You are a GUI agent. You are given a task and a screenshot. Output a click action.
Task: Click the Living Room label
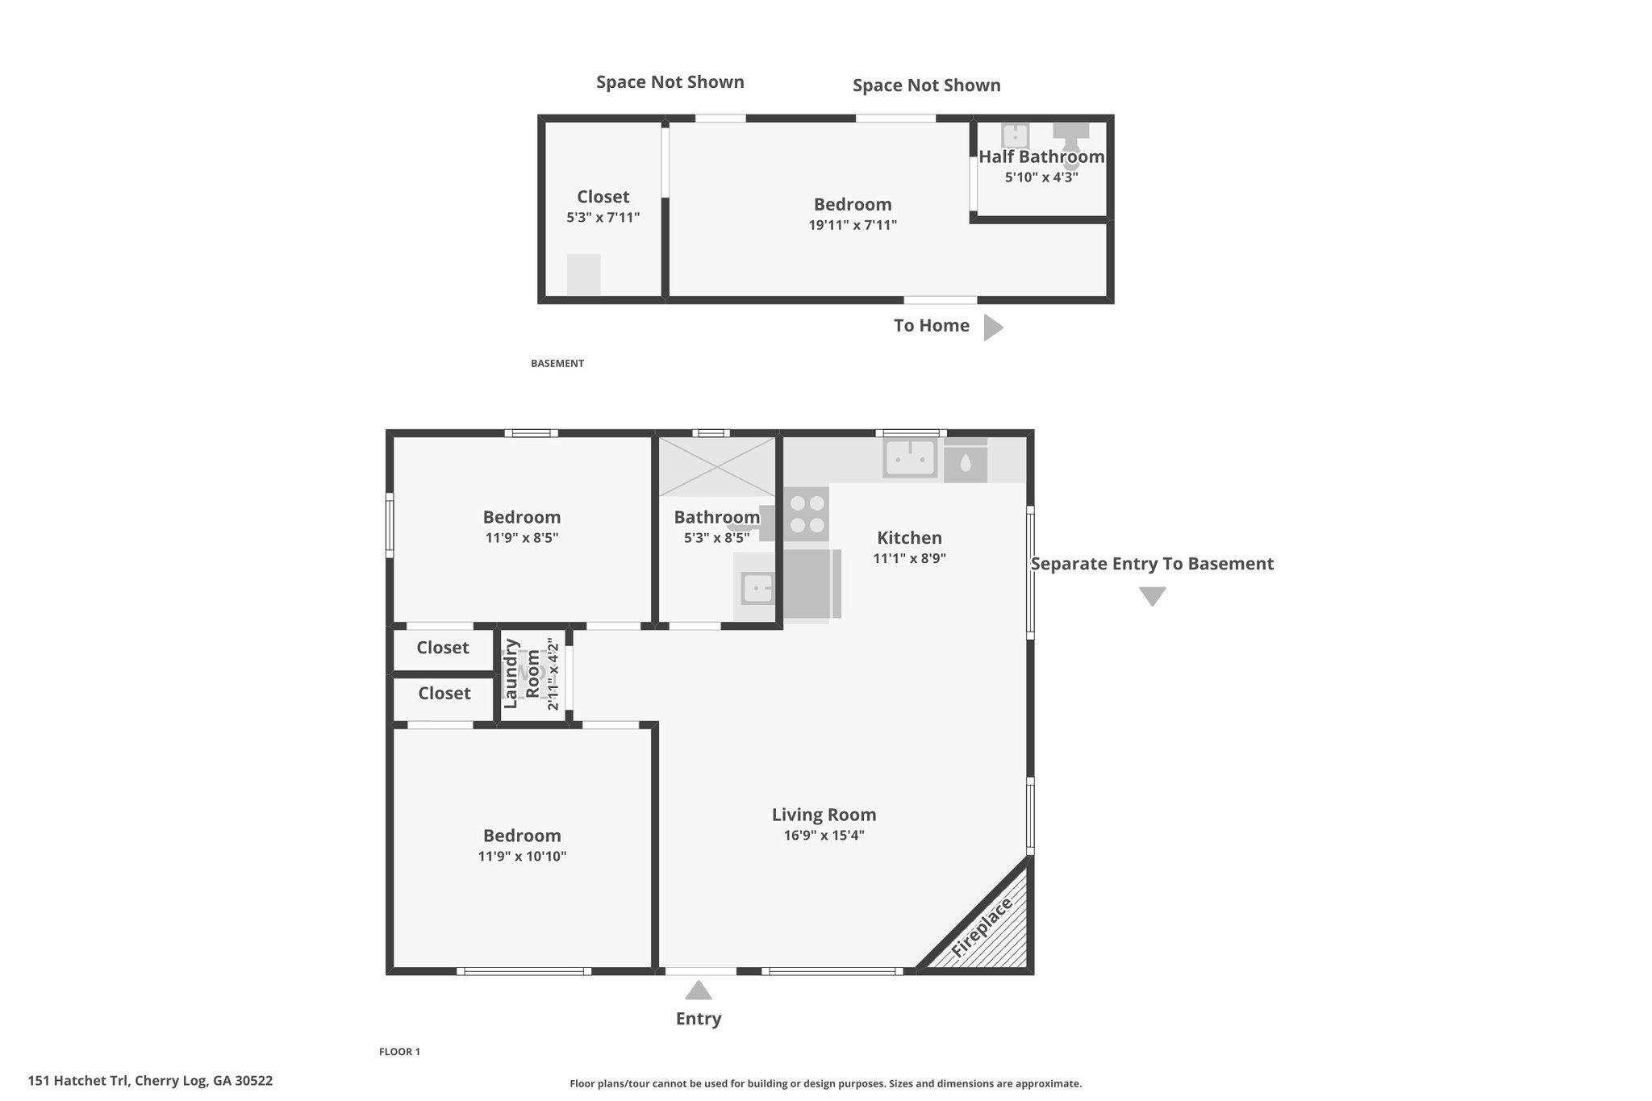click(824, 815)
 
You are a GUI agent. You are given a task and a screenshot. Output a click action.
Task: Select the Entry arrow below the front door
click(699, 990)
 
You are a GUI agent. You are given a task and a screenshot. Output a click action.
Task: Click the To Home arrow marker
click(994, 327)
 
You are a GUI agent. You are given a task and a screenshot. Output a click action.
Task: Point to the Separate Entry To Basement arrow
click(1153, 596)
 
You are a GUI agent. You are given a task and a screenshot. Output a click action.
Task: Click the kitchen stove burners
click(807, 514)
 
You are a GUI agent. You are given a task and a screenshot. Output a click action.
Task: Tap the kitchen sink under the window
click(910, 457)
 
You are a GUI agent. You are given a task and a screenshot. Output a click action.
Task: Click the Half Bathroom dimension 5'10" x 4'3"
click(1041, 177)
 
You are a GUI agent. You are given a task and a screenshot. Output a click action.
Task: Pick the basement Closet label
click(603, 197)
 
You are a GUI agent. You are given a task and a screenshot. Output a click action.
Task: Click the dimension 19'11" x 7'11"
click(853, 225)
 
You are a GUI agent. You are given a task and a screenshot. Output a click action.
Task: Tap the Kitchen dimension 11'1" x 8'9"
click(909, 558)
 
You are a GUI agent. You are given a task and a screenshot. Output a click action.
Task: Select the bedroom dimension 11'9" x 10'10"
click(523, 857)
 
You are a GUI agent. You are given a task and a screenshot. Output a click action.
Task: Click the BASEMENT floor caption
click(557, 364)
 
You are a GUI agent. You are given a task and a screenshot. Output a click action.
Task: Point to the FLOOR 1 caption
click(399, 1052)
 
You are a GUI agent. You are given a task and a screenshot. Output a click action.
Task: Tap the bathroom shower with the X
click(717, 466)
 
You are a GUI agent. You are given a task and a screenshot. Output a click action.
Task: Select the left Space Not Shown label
click(670, 82)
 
